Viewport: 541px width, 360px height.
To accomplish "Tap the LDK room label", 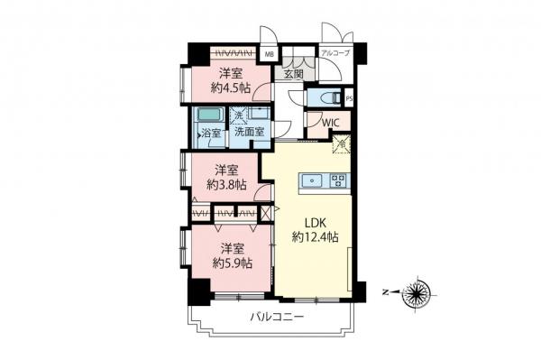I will click(x=315, y=222).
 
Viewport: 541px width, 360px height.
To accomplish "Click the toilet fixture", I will click(x=328, y=97).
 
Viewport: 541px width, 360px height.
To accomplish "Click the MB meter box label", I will click(x=269, y=54).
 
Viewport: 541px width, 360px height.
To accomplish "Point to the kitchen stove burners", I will click(x=338, y=180).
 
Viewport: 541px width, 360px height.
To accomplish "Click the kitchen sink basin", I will click(x=313, y=180).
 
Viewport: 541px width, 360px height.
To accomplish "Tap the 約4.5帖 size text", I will click(x=229, y=88).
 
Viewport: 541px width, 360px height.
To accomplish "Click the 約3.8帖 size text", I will click(x=225, y=184).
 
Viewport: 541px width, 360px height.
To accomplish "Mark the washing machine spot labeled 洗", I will click(x=239, y=115).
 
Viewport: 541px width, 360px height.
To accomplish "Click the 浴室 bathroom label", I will click(x=211, y=134).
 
